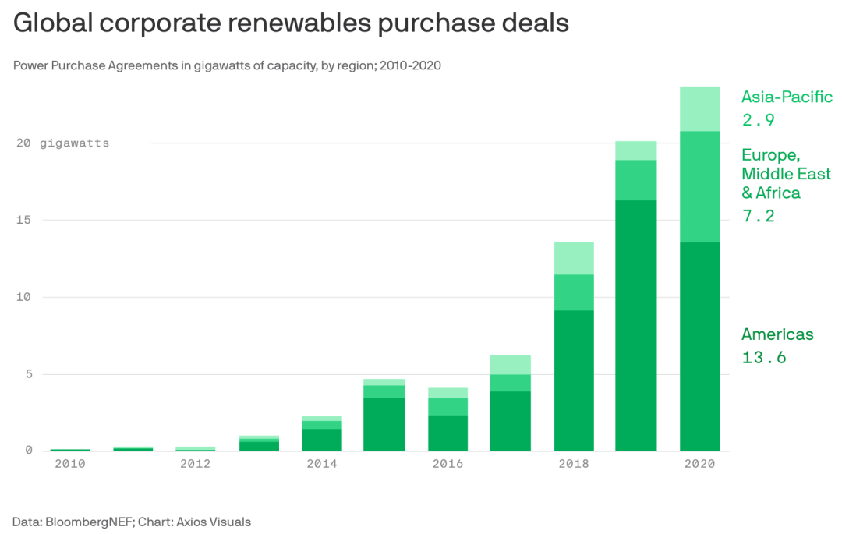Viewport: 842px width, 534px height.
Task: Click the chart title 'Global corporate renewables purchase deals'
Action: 291,23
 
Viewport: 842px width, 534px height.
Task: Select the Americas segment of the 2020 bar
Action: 699,346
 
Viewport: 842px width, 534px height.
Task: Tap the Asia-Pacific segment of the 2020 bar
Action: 699,108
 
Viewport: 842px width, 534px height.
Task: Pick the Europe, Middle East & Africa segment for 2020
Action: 699,186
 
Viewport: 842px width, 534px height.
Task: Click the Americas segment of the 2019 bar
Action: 636,325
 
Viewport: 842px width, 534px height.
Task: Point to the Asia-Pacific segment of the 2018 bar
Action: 573,258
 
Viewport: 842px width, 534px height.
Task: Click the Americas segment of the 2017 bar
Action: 510,421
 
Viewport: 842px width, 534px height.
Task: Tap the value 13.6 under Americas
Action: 763,358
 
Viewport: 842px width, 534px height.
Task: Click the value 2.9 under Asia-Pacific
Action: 757,120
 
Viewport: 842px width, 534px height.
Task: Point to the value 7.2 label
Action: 758,216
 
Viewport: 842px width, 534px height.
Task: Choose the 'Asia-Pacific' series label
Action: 787,97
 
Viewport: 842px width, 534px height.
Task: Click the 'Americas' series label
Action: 777,334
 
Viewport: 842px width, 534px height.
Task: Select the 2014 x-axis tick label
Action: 321,464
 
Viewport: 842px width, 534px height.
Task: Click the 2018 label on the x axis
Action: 573,464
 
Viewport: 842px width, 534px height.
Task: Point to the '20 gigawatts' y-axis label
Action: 62,143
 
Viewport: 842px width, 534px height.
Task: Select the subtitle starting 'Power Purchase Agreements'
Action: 227,65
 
